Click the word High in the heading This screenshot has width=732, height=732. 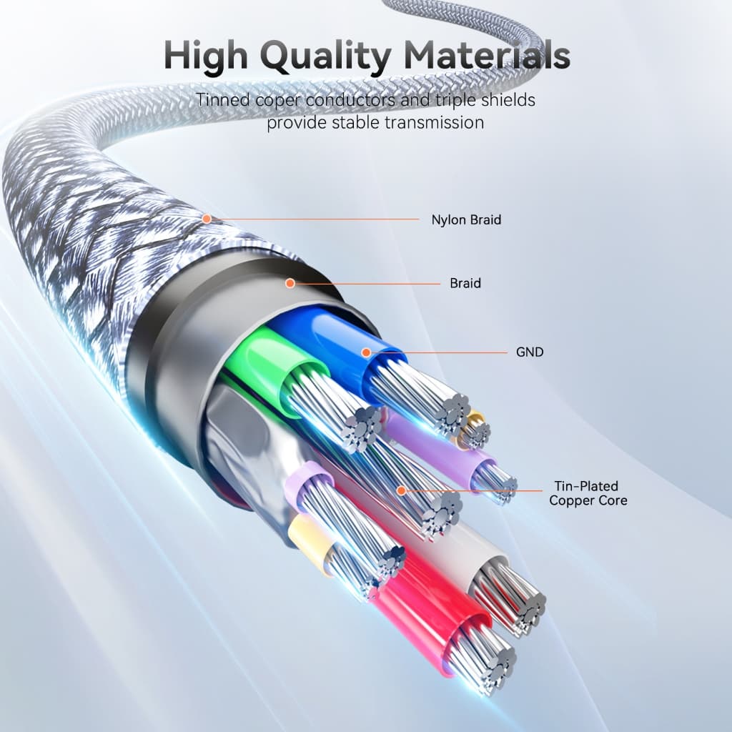206,56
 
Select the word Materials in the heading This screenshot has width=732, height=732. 487,55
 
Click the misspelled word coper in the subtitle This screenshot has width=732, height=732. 278,100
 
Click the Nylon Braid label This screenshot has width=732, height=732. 466,220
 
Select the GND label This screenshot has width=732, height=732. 530,352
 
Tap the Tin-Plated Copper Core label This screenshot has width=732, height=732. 588,493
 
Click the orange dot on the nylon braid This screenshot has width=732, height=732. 207,219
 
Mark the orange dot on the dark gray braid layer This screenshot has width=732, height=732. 290,283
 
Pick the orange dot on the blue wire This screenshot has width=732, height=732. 367,352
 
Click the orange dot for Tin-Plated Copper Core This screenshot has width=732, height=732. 401,490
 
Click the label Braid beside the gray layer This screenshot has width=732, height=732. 465,283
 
